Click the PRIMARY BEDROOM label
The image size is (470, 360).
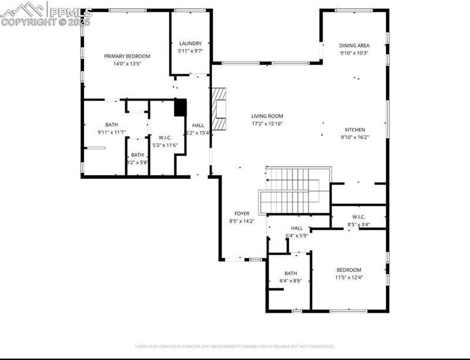pyautogui.click(x=127, y=56)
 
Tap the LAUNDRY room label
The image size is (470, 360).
pyautogui.click(x=190, y=43)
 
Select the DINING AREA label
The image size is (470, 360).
pyautogui.click(x=354, y=45)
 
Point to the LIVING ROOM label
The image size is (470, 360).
pyautogui.click(x=267, y=116)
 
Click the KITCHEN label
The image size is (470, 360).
pyautogui.click(x=354, y=130)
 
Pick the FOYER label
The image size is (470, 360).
pyautogui.click(x=242, y=214)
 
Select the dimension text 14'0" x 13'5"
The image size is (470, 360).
pyautogui.click(x=127, y=64)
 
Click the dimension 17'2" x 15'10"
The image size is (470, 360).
pyautogui.click(x=267, y=124)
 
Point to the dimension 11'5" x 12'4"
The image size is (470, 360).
pyautogui.click(x=349, y=277)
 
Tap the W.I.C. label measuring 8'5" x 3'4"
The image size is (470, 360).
pyautogui.click(x=359, y=217)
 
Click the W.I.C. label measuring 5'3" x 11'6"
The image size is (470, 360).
pyautogui.click(x=164, y=138)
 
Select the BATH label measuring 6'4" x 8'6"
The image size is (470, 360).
pyautogui.click(x=291, y=273)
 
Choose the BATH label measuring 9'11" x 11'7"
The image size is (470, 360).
pyautogui.click(x=112, y=125)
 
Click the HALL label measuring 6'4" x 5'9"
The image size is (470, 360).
pyautogui.click(x=297, y=228)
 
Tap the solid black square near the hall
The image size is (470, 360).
pyautogui.click(x=180, y=107)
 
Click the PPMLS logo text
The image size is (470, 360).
pyautogui.click(x=69, y=12)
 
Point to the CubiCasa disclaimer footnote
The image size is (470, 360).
pyautogui.click(x=235, y=346)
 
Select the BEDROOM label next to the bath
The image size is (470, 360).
pyautogui.click(x=349, y=270)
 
